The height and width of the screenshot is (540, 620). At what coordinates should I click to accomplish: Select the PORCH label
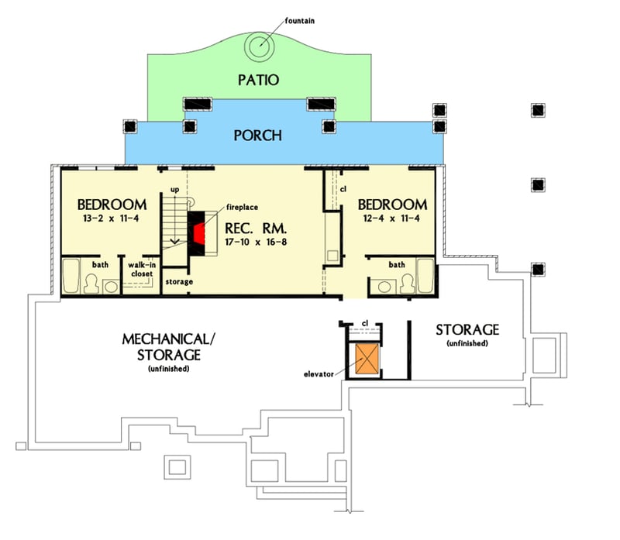click(x=258, y=136)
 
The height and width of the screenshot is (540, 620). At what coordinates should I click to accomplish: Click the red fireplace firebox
click(x=199, y=234)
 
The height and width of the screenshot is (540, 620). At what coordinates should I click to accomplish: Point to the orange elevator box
click(x=367, y=359)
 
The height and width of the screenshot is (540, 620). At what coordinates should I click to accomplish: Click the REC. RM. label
click(x=256, y=229)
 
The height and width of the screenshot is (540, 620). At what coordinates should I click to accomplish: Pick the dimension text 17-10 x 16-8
click(x=256, y=242)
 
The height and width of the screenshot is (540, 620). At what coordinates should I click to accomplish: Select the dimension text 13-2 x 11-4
click(x=111, y=218)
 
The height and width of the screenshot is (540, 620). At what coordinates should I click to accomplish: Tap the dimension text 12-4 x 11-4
click(x=391, y=218)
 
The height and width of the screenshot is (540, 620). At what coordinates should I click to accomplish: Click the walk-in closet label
click(x=142, y=269)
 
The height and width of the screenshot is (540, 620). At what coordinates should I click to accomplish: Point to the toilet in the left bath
click(x=91, y=284)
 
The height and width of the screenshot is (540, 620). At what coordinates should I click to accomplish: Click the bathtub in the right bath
click(x=425, y=276)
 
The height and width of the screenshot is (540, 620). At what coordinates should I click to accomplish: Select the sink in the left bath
click(x=111, y=287)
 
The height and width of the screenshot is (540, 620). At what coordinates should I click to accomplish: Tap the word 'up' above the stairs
click(x=174, y=190)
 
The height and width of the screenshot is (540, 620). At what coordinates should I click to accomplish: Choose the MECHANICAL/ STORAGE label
click(x=169, y=347)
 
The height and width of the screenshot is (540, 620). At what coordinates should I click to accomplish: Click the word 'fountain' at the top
click(x=300, y=21)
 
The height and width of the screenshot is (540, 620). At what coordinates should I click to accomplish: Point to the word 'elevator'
click(x=319, y=374)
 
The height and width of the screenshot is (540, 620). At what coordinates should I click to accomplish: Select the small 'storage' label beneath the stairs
click(x=179, y=282)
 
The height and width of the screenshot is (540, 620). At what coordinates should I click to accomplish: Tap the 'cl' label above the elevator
click(x=365, y=323)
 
